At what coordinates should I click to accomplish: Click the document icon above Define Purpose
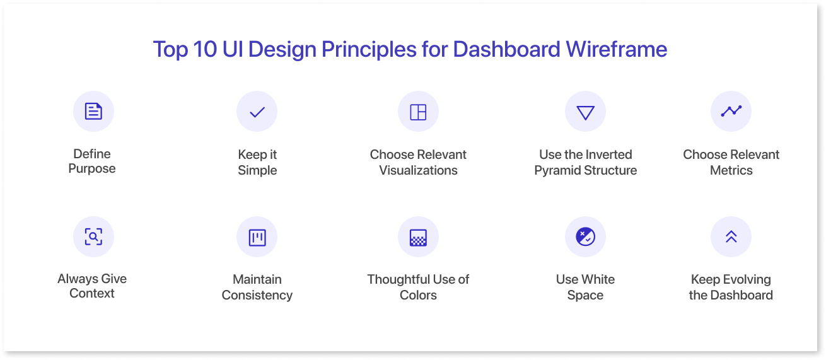pos(93,112)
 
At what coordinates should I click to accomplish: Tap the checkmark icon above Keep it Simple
pos(257,112)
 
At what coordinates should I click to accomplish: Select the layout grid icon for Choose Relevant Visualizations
pos(418,112)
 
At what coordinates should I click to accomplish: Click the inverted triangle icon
pos(585,113)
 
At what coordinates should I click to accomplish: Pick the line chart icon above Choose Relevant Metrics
pos(731,111)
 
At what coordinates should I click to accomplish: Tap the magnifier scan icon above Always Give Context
pos(93,236)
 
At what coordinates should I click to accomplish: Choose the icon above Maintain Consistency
pos(257,238)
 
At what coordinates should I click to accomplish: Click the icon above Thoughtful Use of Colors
pos(418,238)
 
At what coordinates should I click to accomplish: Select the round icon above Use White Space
pos(585,236)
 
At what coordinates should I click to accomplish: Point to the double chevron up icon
pos(731,236)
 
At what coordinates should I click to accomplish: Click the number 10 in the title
pos(205,49)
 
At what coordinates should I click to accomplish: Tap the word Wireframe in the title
pos(617,49)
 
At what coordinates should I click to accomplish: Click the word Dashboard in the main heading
pos(507,49)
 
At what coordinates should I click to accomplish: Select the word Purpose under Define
pos(92,169)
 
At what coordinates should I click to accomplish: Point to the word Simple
pos(257,170)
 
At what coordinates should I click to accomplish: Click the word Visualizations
pos(418,170)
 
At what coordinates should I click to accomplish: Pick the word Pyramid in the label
pos(557,171)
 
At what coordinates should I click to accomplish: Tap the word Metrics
pos(731,170)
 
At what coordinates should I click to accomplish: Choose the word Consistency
pos(257,296)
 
